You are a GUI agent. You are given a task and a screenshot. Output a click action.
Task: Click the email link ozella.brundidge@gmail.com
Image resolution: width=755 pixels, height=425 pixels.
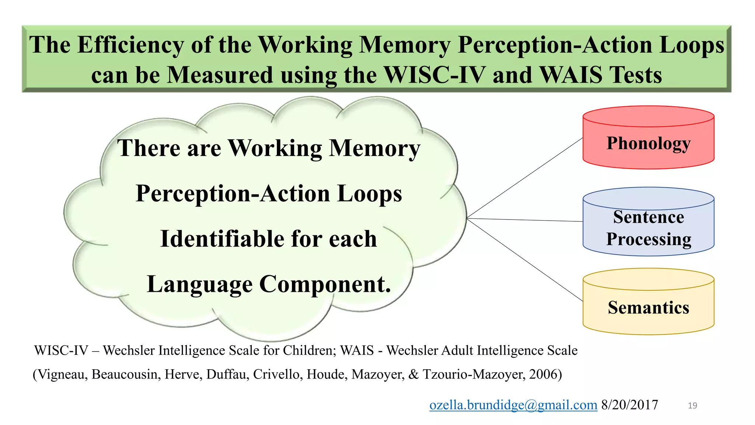[x=513, y=405]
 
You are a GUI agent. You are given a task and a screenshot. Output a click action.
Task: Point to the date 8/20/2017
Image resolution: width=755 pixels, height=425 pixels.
[x=629, y=405]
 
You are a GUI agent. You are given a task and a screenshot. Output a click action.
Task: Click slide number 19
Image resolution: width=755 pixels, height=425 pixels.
[x=692, y=405]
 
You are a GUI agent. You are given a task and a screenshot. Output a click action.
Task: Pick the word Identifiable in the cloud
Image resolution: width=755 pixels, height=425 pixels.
[x=222, y=239]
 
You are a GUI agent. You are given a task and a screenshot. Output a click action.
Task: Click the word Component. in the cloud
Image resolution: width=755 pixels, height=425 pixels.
[x=325, y=284]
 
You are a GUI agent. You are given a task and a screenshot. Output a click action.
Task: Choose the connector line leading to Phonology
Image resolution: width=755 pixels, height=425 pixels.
[x=525, y=178]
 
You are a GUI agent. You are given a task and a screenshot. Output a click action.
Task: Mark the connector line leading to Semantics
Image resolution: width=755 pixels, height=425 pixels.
[x=525, y=260]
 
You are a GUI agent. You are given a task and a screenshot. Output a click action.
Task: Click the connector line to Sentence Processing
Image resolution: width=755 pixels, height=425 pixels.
[x=525, y=220]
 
